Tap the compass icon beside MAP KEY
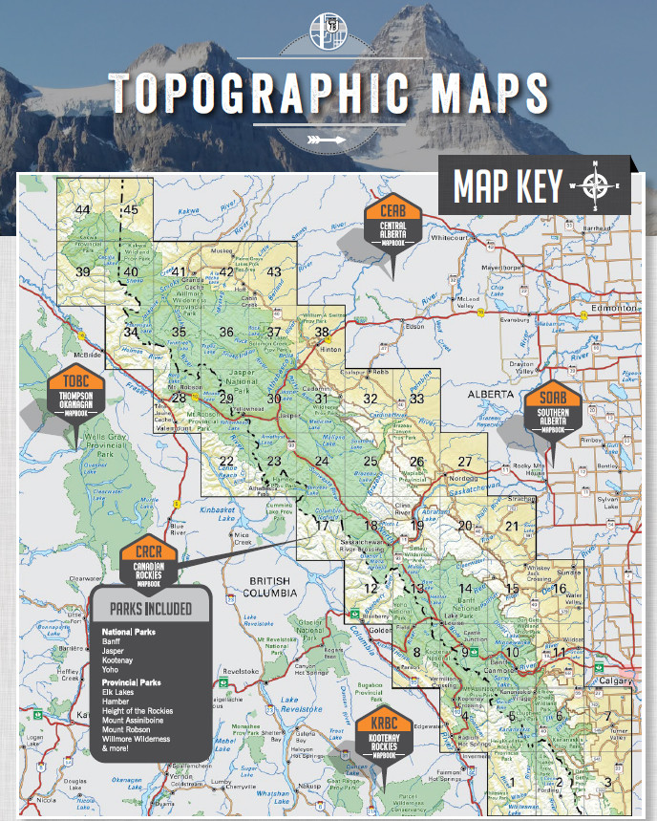tap(595, 184)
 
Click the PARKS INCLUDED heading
tap(151, 609)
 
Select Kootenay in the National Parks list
tap(119, 660)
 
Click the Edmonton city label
tap(612, 309)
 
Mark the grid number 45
tap(131, 210)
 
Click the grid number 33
tap(416, 399)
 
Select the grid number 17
tap(322, 526)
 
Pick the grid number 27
tap(465, 462)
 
